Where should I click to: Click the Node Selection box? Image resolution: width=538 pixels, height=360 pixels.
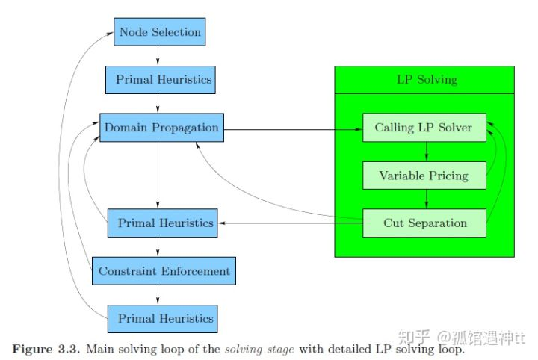coord(159,32)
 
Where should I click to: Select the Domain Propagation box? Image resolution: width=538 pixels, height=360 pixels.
coord(161,128)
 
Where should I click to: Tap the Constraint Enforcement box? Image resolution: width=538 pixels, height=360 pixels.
coord(164,270)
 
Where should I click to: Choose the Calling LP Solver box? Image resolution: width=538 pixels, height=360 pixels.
coord(424,128)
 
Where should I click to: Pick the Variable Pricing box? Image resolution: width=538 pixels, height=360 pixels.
coord(424,176)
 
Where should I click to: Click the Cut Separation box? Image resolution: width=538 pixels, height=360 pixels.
coord(424,223)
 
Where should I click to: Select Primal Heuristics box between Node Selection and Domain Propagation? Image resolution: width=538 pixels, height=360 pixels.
coord(163,79)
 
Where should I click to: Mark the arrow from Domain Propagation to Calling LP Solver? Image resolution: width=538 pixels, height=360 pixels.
coord(291,128)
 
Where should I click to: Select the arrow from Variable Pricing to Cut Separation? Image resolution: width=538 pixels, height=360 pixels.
coord(426,199)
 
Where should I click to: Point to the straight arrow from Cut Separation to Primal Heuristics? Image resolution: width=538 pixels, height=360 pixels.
coord(291,223)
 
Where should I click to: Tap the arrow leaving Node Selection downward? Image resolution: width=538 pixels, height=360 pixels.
coord(158,55)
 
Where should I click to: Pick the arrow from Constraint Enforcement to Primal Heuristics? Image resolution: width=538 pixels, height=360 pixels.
coord(158,294)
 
